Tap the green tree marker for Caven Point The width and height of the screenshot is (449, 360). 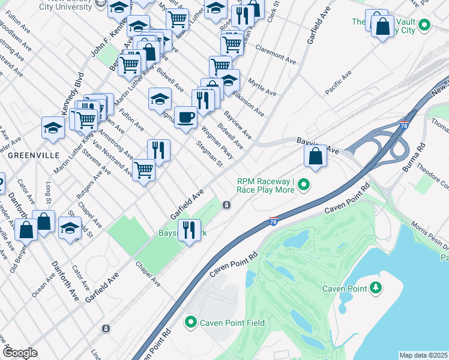tap(376, 289)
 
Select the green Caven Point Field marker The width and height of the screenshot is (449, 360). tap(191, 323)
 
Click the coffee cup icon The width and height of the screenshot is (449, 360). tap(186, 116)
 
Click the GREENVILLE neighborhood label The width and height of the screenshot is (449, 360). tap(34, 155)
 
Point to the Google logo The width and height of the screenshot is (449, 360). tap(20, 353)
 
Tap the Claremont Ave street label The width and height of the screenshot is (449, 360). tap(276, 54)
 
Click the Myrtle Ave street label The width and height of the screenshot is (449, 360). tap(262, 87)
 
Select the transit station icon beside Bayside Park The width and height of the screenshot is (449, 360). tap(226, 205)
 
